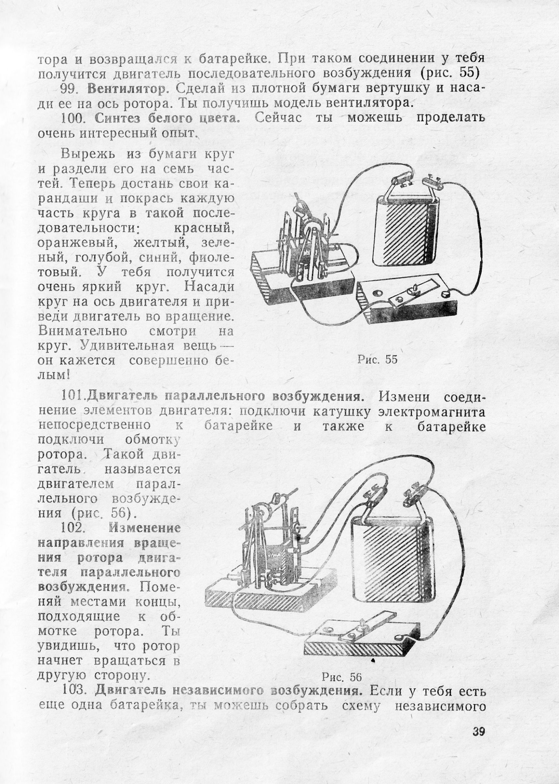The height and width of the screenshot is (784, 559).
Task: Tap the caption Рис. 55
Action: pyautogui.click(x=377, y=360)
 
